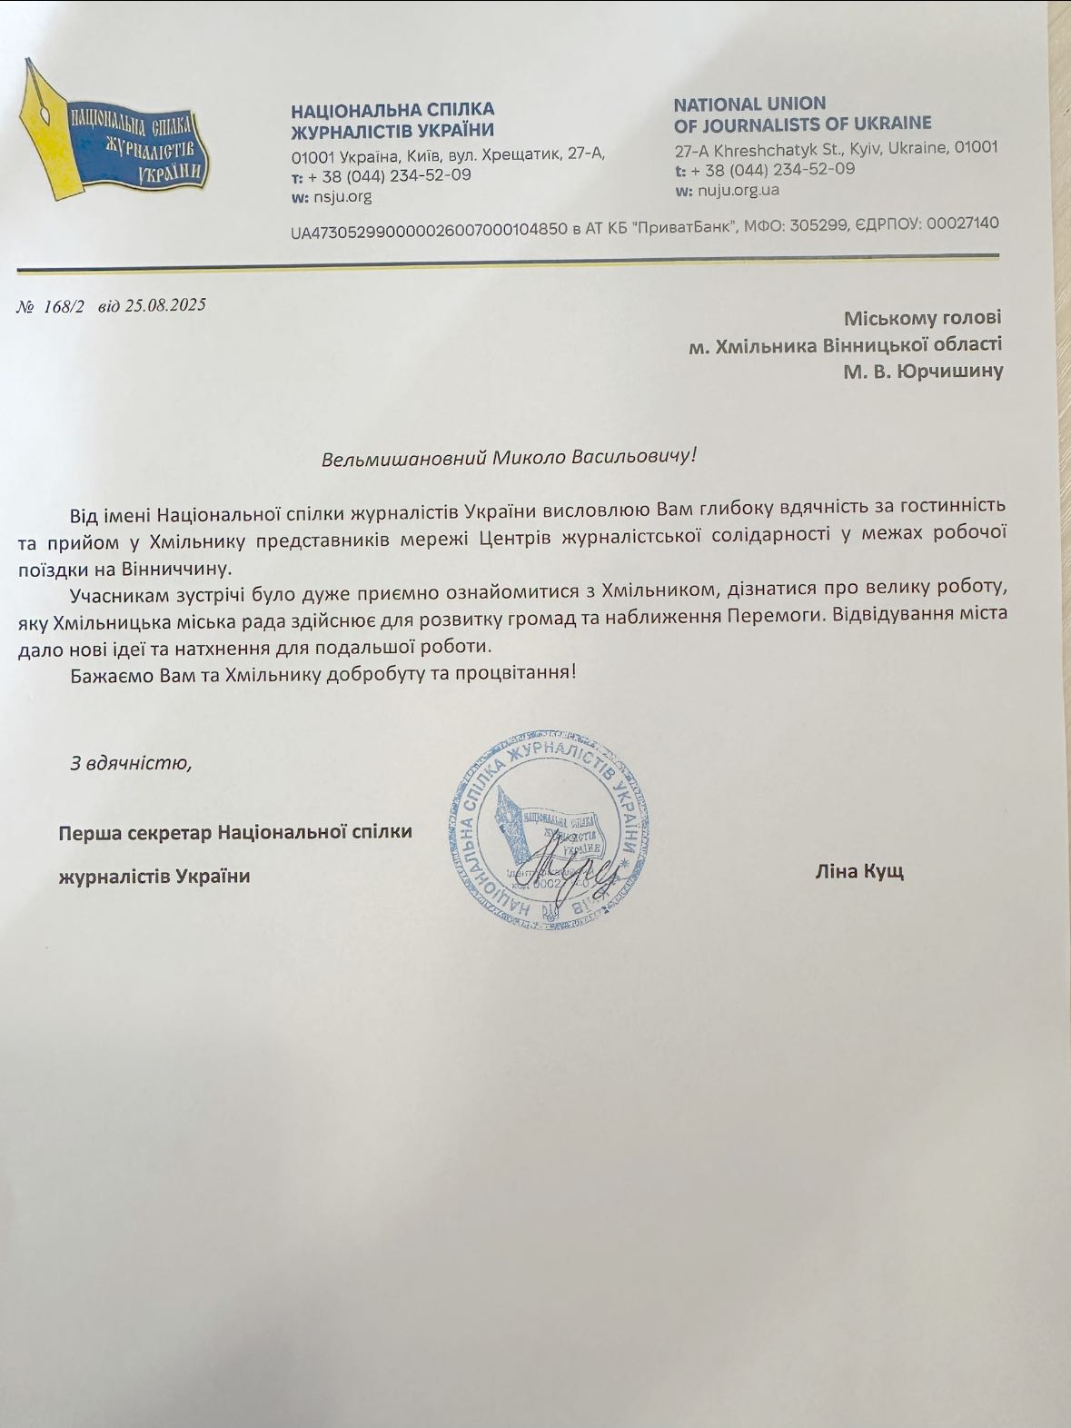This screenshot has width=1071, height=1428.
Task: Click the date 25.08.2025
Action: coord(165,305)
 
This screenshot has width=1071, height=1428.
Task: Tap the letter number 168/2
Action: coord(64,307)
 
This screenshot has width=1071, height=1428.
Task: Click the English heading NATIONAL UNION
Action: coord(749,104)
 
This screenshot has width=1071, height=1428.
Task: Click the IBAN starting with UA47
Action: coord(428,232)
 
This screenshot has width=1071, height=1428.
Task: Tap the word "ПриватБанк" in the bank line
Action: coord(684,227)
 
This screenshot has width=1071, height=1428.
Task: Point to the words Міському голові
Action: coord(922,318)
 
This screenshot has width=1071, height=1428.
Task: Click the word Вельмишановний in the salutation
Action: coord(403,458)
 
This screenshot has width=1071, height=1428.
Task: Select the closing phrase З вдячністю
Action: coord(131,762)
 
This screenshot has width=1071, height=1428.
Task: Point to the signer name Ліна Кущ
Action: coord(858,872)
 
